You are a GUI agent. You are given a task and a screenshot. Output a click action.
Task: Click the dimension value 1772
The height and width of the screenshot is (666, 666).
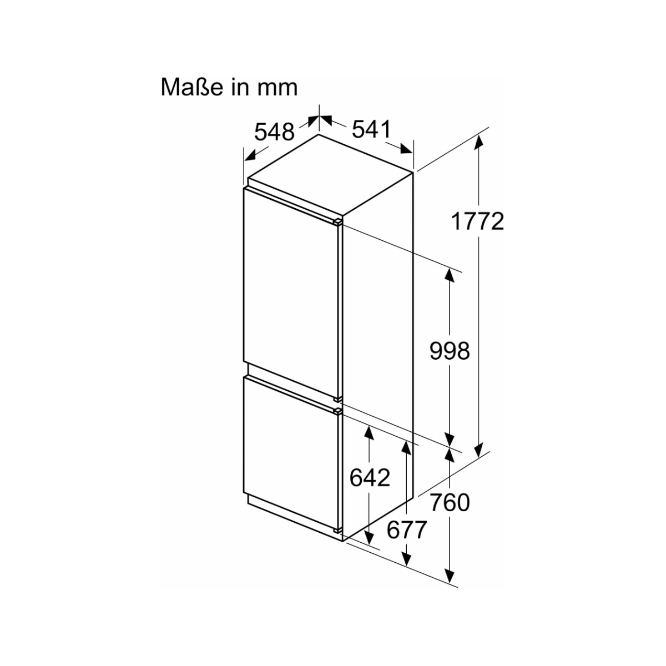[x=478, y=221]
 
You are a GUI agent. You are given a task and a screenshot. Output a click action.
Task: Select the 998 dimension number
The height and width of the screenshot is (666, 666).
[x=450, y=351]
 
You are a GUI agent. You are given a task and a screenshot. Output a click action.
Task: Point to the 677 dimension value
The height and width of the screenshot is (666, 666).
[x=406, y=530]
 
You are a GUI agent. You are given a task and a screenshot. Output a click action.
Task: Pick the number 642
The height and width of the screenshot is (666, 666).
[x=370, y=478]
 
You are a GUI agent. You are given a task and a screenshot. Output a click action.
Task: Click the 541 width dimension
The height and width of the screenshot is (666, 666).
[x=371, y=129]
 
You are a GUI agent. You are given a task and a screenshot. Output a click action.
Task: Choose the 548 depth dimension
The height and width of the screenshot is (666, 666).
[x=274, y=132]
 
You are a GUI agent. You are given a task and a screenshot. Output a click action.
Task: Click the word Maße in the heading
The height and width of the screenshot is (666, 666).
[x=191, y=88]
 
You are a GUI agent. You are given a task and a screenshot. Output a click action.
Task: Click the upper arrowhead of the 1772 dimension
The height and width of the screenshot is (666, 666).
[x=478, y=142]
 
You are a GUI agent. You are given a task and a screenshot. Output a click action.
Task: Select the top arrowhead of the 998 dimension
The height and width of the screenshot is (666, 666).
[x=450, y=275]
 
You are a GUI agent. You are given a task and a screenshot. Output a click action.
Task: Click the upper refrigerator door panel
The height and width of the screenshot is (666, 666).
[x=292, y=293]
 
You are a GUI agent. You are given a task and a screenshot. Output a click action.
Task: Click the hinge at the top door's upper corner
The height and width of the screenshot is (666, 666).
[x=338, y=222]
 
